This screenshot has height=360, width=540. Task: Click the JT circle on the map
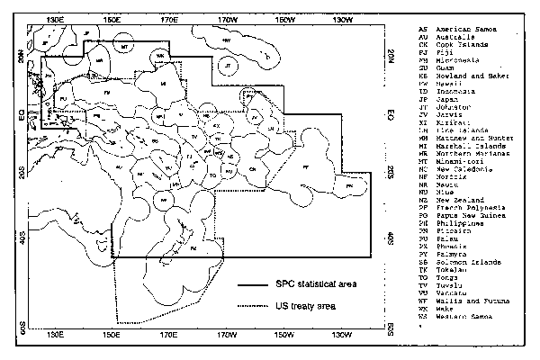[229, 67]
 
